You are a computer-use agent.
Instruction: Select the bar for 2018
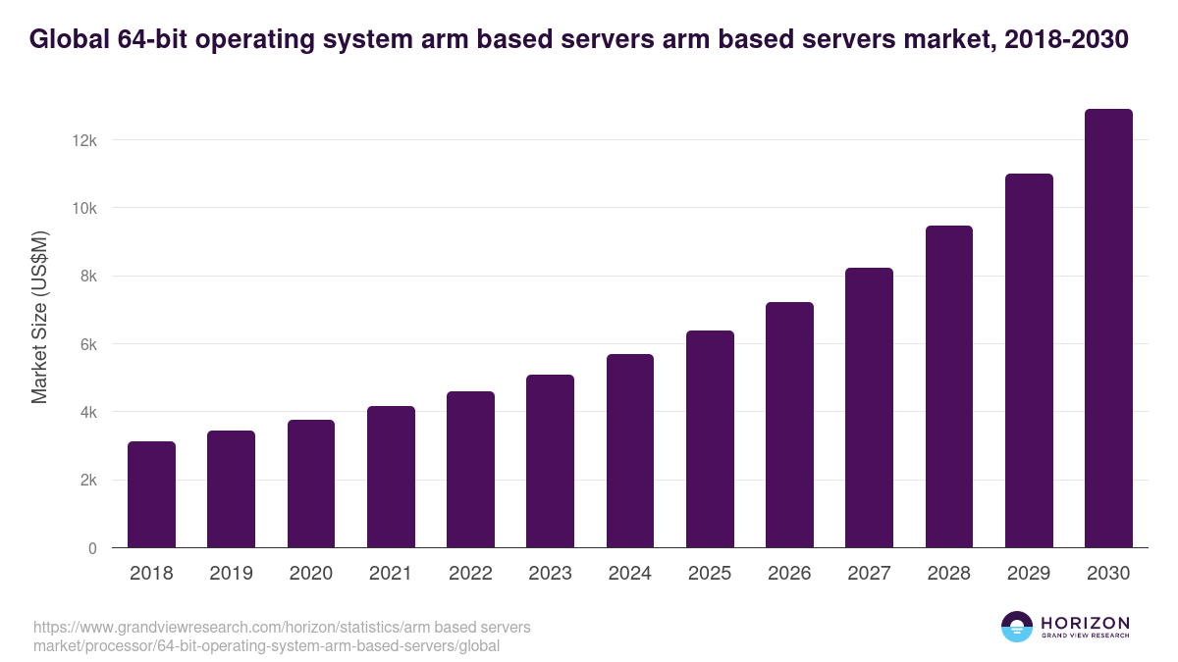coord(151,494)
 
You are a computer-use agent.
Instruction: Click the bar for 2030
coord(1108,329)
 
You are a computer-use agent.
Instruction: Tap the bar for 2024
coord(630,451)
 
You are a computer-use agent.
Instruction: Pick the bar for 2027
coord(869,408)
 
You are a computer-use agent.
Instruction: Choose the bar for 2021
coord(391,477)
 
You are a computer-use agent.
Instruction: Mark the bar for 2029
coord(1029,361)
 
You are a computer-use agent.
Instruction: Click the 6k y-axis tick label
coord(85,344)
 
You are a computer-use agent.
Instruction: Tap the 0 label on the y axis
coord(91,548)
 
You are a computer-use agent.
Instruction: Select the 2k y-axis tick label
coord(85,481)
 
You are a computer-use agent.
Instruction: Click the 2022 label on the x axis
coord(470,574)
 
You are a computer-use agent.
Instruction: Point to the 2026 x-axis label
coord(789,574)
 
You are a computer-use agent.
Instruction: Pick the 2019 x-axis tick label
coord(231,574)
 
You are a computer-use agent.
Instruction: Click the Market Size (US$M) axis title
coord(39,318)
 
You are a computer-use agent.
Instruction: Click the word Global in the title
coord(70,39)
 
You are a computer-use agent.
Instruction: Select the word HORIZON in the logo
coord(1085,623)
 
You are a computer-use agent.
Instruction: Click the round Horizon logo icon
coord(1017,627)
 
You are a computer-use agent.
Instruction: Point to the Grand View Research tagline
coord(1085,637)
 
